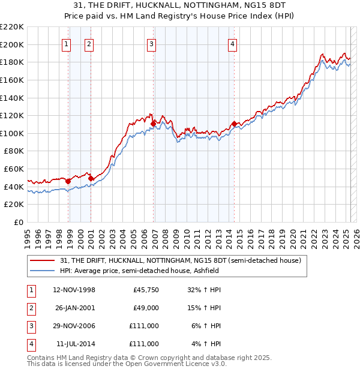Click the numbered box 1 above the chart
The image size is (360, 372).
pyautogui.click(x=65, y=43)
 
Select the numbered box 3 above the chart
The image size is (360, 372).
pyautogui.click(x=151, y=43)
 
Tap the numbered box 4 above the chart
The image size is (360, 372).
pyautogui.click(x=232, y=43)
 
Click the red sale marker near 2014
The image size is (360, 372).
pyautogui.click(x=233, y=124)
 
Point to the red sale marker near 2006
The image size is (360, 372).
pyautogui.click(x=154, y=124)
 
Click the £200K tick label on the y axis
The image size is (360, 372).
pyautogui.click(x=12, y=44)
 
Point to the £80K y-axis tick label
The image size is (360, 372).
pyautogui.click(x=14, y=151)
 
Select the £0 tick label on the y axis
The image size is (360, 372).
pyautogui.click(x=18, y=222)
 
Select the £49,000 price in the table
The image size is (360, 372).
pyautogui.click(x=146, y=308)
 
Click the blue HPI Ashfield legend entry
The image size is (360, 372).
pyautogui.click(x=139, y=271)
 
